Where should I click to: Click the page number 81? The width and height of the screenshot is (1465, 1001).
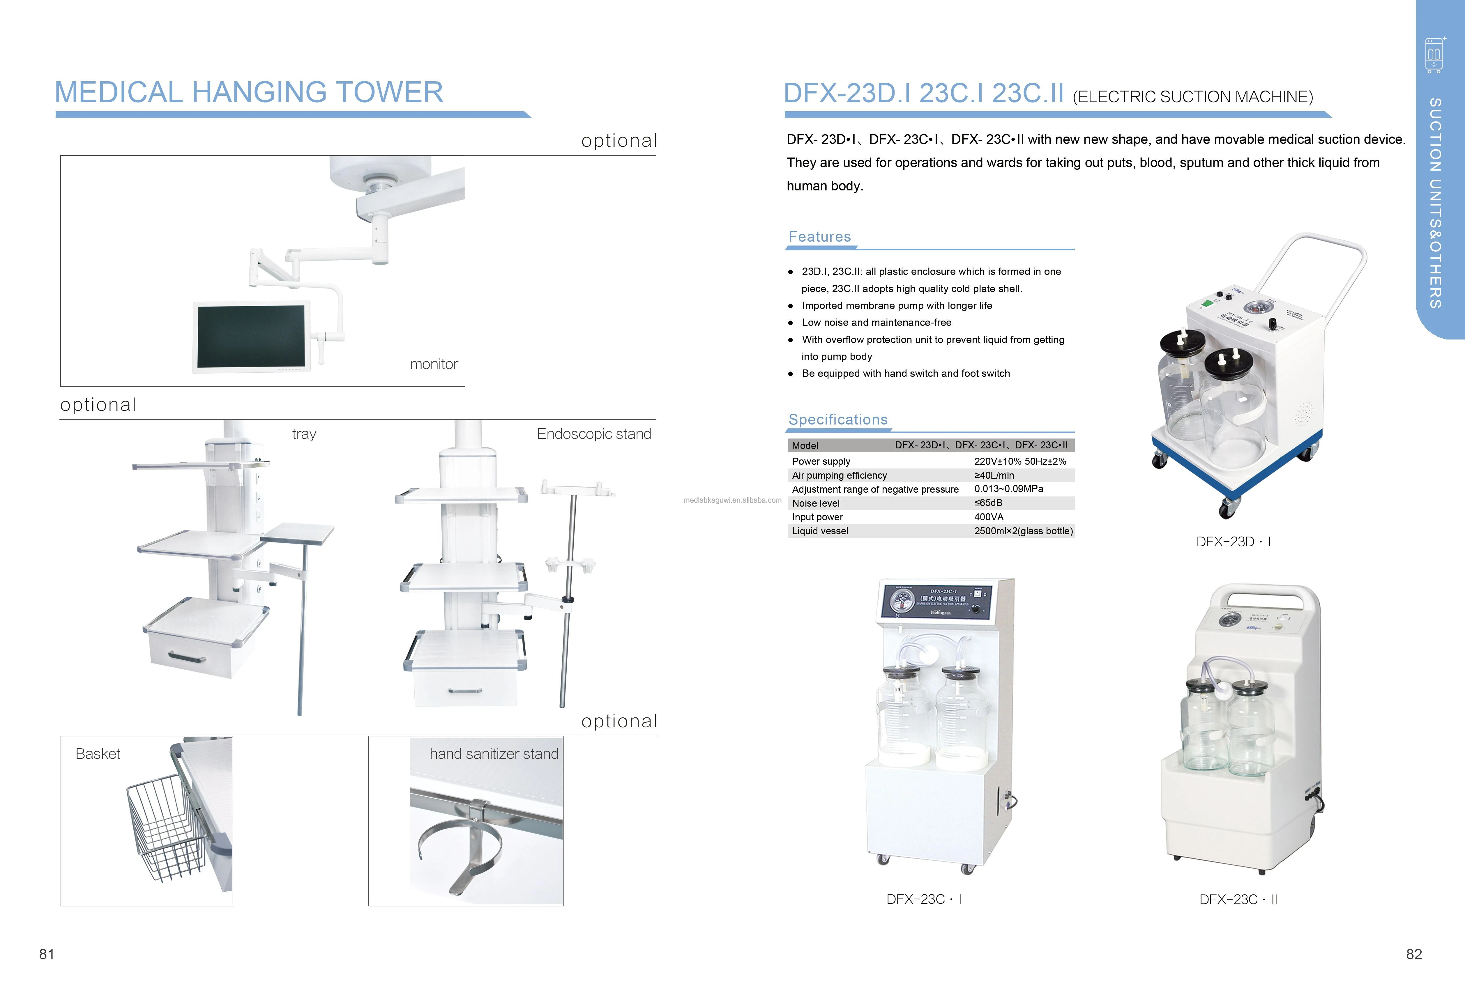click(x=47, y=954)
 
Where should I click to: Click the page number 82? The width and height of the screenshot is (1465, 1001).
click(x=1414, y=954)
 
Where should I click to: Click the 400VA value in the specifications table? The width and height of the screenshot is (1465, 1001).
click(x=988, y=517)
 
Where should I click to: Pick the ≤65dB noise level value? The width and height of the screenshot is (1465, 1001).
click(x=988, y=503)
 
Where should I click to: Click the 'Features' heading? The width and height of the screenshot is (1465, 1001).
click(x=819, y=237)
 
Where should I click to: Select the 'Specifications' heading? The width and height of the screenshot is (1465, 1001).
click(x=838, y=420)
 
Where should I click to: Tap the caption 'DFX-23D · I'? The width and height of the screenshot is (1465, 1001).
click(x=1233, y=542)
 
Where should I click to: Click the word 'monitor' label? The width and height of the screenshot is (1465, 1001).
click(x=434, y=364)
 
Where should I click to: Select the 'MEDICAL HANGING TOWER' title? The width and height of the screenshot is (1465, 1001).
click(x=249, y=93)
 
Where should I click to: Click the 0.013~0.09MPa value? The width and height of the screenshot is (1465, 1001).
click(x=1009, y=489)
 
